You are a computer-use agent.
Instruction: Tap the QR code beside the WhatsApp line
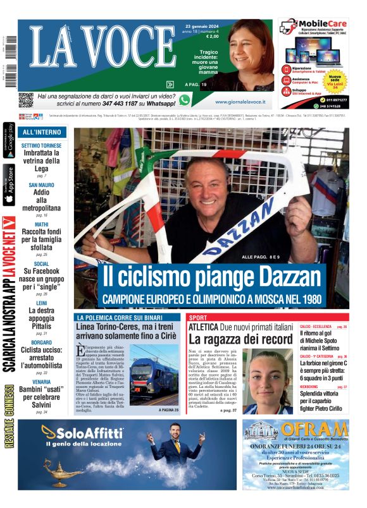coord(25,99)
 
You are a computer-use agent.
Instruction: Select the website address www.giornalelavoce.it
coord(244,101)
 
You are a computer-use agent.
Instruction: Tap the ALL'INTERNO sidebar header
coord(42,133)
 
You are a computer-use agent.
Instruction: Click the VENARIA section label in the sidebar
coord(41,382)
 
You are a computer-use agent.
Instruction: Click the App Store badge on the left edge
coord(9,185)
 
